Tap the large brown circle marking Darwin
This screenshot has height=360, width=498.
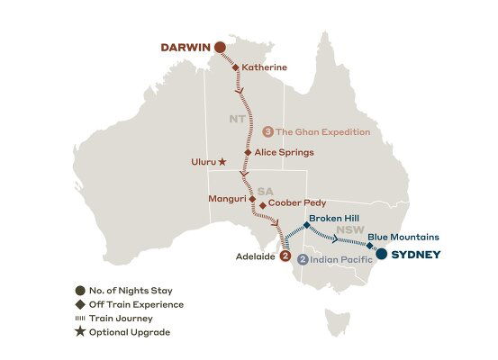click(218, 48)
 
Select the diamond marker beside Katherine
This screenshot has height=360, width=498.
click(235, 67)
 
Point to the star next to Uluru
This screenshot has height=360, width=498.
click(222, 163)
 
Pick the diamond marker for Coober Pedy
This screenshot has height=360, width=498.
click(262, 205)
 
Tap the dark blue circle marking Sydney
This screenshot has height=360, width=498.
click(383, 255)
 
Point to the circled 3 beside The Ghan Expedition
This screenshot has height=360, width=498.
click(267, 131)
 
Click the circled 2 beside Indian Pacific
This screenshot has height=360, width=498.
click(303, 260)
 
